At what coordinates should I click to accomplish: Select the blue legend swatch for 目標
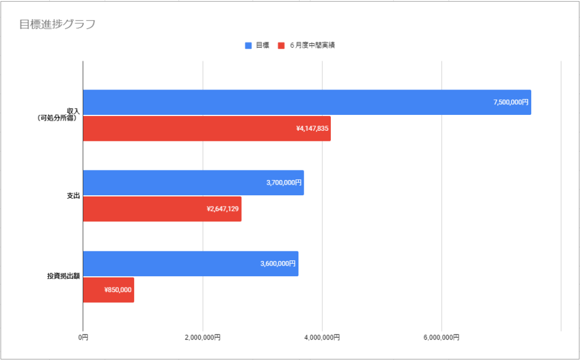point(248,45)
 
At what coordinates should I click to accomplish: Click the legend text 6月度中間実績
point(312,45)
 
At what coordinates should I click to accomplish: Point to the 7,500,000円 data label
point(511,102)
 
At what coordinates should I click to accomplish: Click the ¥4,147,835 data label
point(312,128)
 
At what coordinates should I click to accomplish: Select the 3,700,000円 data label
point(284,183)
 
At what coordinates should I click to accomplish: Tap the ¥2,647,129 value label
point(223,209)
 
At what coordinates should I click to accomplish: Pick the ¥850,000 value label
point(118,290)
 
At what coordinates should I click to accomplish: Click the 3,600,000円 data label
point(278,264)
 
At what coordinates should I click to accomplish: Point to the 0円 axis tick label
point(83,338)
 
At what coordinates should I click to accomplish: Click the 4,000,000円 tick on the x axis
point(322,338)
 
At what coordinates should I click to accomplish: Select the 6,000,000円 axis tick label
point(441,338)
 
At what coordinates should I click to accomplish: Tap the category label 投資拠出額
point(63,277)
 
